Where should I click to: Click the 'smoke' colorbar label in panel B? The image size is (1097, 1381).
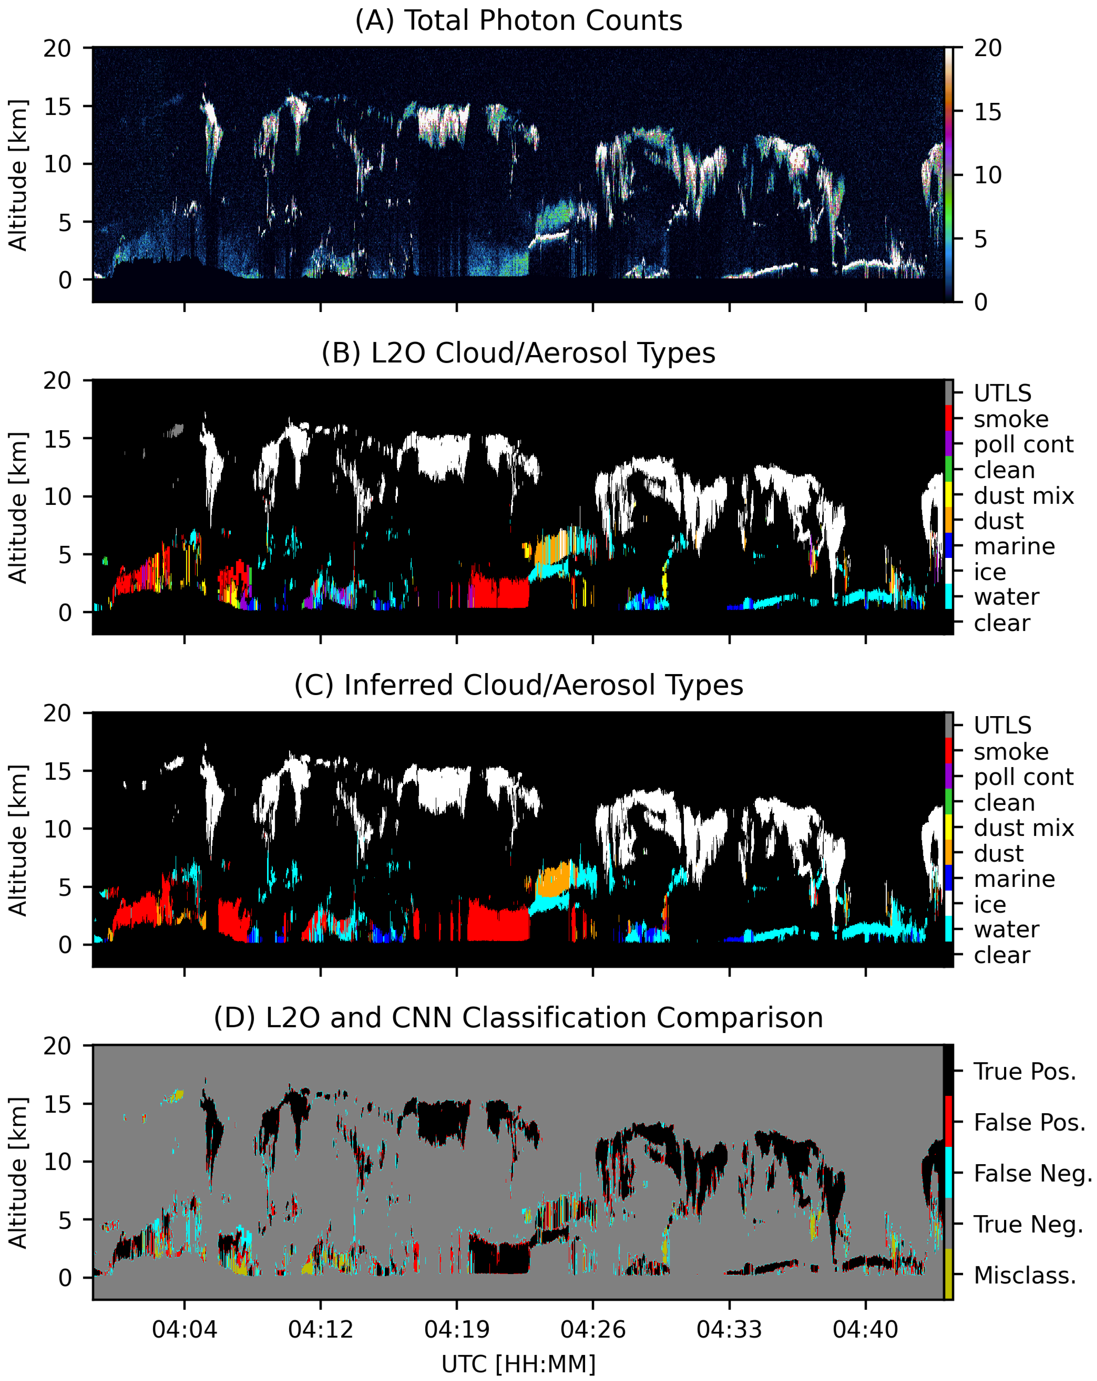1011,419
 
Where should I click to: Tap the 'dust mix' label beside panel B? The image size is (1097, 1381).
1023,495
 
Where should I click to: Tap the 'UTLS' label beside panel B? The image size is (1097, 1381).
1002,393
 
